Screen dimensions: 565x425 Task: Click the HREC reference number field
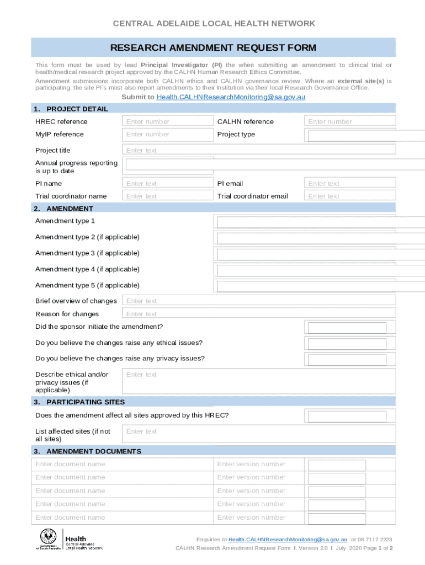click(167, 121)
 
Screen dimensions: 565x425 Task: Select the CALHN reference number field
click(349, 121)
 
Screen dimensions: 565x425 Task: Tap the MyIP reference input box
click(167, 134)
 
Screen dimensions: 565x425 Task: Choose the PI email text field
click(349, 183)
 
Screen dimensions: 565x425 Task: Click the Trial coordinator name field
click(167, 196)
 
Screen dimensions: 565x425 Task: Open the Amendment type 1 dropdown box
click(320, 222)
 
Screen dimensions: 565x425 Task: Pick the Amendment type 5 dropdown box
click(320, 286)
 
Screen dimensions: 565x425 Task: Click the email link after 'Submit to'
click(231, 97)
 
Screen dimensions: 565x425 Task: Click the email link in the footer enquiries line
click(288, 539)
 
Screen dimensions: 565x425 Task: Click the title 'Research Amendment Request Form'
click(213, 48)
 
